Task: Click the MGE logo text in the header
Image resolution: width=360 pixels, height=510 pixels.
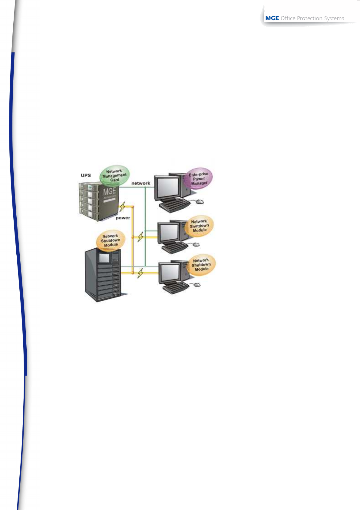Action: (272, 18)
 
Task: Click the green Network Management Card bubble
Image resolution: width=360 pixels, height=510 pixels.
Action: (114, 175)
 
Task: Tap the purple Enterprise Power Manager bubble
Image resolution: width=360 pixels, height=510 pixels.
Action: (199, 179)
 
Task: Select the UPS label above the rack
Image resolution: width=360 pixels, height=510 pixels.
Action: (86, 175)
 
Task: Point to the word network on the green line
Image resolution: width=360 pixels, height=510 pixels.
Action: (140, 183)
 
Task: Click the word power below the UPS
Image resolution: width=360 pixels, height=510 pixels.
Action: (123, 218)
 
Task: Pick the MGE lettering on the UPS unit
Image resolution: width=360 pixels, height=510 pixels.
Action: (109, 192)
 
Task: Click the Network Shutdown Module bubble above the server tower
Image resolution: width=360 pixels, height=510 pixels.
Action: (111, 240)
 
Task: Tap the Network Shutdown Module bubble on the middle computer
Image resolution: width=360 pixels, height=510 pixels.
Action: (199, 226)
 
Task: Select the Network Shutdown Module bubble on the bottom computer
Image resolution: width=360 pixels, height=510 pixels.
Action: (201, 265)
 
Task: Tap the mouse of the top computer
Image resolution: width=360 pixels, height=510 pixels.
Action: (199, 202)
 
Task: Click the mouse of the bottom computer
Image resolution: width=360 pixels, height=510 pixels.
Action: (197, 284)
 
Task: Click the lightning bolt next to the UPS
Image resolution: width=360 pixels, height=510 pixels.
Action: (122, 207)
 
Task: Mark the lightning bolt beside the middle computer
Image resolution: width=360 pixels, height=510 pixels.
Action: (140, 237)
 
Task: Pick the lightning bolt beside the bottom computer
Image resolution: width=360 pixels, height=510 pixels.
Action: (140, 273)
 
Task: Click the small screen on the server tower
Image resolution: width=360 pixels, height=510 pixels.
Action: (104, 258)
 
